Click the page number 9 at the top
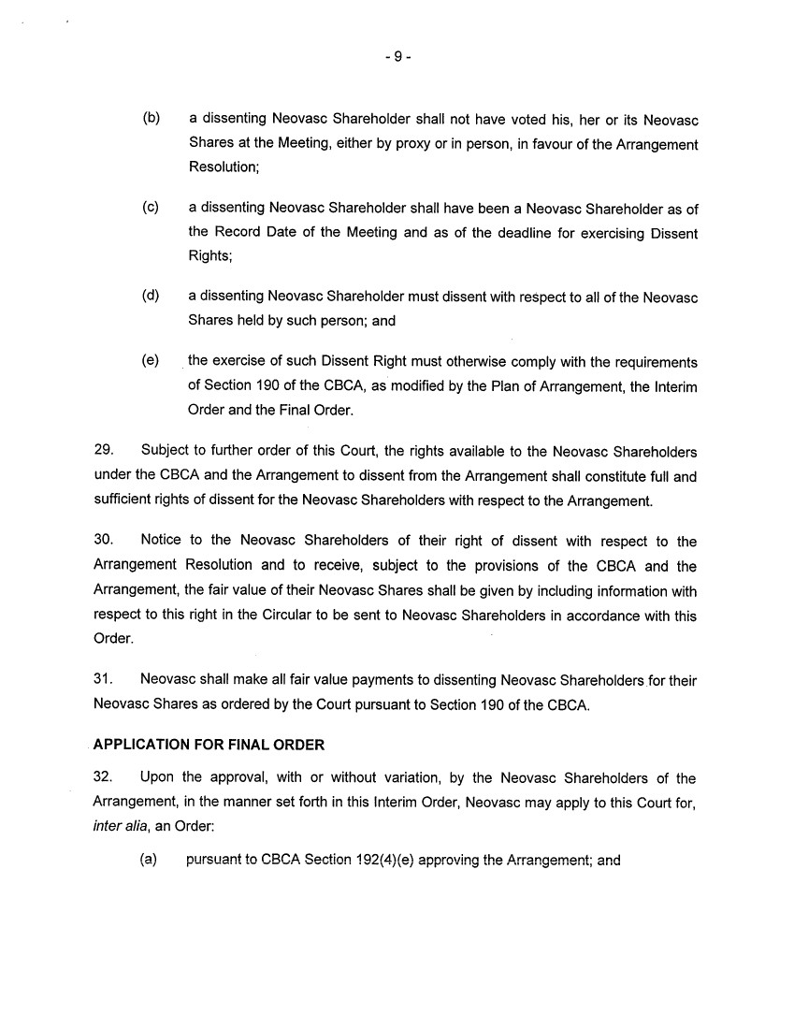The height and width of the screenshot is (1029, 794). click(397, 56)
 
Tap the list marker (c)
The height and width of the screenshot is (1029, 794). click(151, 208)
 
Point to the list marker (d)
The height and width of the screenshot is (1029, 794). click(151, 297)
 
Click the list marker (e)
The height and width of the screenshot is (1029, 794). click(151, 360)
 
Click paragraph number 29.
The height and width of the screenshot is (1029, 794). click(104, 451)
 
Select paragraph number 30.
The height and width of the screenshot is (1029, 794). click(104, 541)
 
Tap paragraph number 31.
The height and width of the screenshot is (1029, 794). click(104, 680)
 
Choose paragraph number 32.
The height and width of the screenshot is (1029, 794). click(104, 778)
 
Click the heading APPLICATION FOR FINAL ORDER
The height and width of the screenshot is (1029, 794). click(209, 746)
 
